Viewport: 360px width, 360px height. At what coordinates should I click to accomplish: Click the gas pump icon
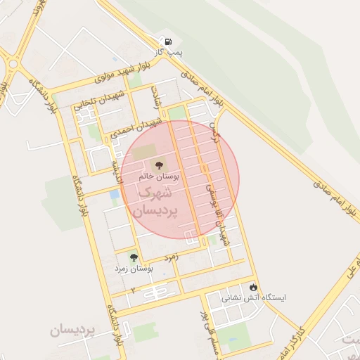coord(166,41)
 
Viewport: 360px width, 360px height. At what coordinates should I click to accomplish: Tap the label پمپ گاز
coord(169,52)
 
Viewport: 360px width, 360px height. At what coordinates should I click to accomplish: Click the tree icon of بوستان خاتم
coord(156,165)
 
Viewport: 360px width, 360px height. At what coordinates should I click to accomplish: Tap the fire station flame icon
coord(253,287)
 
